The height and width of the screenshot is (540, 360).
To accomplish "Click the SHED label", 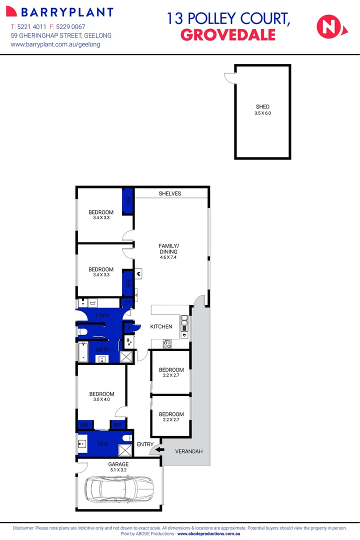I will tap(262, 106).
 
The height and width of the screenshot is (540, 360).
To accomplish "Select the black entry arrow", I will tap(159, 449).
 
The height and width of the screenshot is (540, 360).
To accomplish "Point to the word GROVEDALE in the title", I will tap(227, 34).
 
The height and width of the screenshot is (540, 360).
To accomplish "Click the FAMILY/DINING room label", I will tap(167, 248).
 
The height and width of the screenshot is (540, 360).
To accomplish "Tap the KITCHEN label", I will tap(161, 326).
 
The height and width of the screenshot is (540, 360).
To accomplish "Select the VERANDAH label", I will tap(188, 451).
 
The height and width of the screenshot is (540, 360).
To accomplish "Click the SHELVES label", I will tap(170, 193).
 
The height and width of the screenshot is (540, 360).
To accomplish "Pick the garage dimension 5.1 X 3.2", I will tap(118, 470).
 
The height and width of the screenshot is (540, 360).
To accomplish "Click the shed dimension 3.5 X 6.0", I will tap(262, 113).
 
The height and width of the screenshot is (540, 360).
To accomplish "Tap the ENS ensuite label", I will tap(103, 443).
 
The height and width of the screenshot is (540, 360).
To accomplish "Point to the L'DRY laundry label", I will tap(102, 315).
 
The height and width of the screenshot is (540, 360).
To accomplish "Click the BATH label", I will tap(103, 349).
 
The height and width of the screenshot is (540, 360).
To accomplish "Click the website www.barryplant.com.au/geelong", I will tap(55, 44).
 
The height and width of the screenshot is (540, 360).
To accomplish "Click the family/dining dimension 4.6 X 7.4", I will tap(167, 258).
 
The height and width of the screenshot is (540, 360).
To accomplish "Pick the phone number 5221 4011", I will tap(32, 26).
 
